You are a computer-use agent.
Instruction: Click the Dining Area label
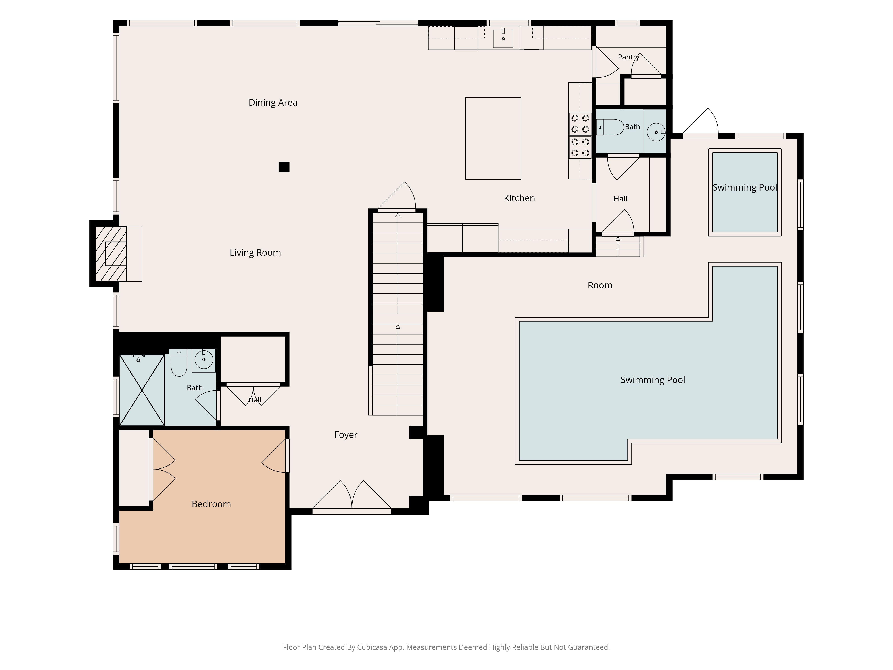[x=273, y=103]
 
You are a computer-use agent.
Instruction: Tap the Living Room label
[x=255, y=253]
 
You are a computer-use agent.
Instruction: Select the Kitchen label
[x=519, y=198]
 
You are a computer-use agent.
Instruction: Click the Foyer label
[x=346, y=435]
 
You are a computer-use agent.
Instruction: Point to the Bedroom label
[x=211, y=504]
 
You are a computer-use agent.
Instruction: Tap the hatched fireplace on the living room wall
[x=111, y=254]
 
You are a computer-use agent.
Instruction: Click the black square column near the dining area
[x=284, y=167]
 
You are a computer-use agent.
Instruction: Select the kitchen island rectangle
[x=493, y=138]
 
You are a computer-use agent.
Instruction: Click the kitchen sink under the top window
[x=503, y=38]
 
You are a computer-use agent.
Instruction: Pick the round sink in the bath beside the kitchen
[x=656, y=132]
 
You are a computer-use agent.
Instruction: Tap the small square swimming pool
[x=745, y=192]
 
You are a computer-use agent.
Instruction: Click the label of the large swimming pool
[x=653, y=380]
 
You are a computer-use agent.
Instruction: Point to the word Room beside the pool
[x=600, y=285]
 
